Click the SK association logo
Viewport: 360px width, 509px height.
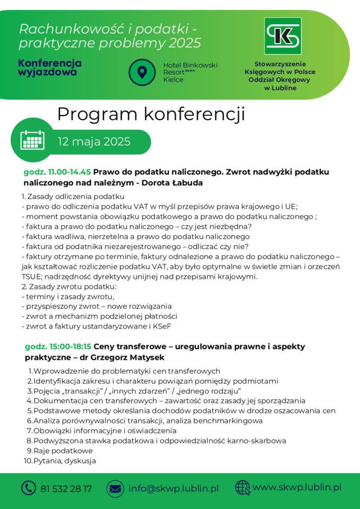[x=282, y=36]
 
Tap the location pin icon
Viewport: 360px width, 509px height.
[x=142, y=73]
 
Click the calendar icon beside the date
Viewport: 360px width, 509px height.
[x=33, y=140]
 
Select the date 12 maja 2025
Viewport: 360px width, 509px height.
[x=94, y=142]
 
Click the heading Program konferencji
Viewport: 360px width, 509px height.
[x=151, y=114]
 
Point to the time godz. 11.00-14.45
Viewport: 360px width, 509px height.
[x=57, y=172]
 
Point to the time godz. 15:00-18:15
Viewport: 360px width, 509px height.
[x=58, y=346]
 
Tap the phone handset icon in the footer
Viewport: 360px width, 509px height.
[x=28, y=488]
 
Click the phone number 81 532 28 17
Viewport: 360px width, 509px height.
[x=66, y=489]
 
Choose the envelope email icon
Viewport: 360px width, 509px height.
[x=115, y=489]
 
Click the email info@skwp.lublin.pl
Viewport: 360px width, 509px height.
[x=174, y=489]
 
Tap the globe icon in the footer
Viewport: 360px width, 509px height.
[x=242, y=488]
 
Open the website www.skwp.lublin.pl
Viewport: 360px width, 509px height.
[x=297, y=487]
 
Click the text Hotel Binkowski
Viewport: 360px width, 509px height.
[x=190, y=65]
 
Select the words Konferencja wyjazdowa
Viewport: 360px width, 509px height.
[x=50, y=68]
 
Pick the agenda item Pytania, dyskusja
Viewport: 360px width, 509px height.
[x=65, y=461]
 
